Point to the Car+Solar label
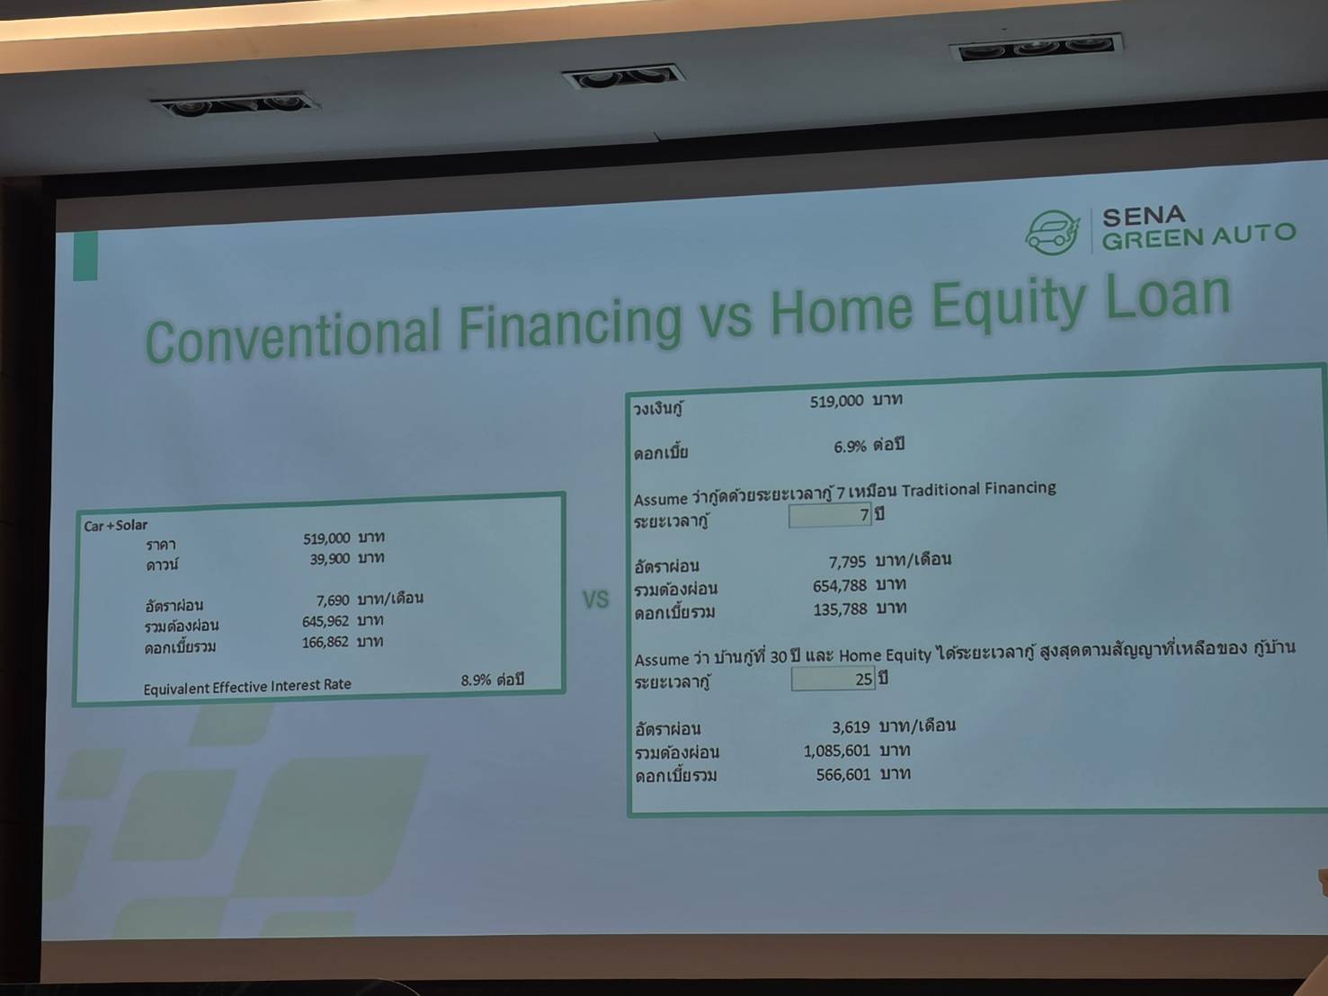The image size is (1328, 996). click(x=116, y=526)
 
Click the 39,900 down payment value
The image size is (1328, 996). click(x=330, y=559)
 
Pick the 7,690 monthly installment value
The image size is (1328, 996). click(x=333, y=600)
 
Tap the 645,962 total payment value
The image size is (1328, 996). click(x=325, y=622)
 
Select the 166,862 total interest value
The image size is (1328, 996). click(x=325, y=642)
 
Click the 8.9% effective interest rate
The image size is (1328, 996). click(x=476, y=680)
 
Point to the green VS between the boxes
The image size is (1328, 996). click(x=596, y=600)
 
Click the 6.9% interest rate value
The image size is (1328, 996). click(x=850, y=447)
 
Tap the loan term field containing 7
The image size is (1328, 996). click(x=830, y=515)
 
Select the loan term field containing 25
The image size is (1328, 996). click(x=833, y=679)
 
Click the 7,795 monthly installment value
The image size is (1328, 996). click(x=848, y=563)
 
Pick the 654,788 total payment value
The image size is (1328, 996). click(x=840, y=585)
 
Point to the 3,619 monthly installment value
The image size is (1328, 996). click(x=851, y=727)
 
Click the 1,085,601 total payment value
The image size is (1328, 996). click(x=837, y=751)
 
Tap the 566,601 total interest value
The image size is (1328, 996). click(x=843, y=775)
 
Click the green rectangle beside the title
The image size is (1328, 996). click(x=85, y=256)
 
